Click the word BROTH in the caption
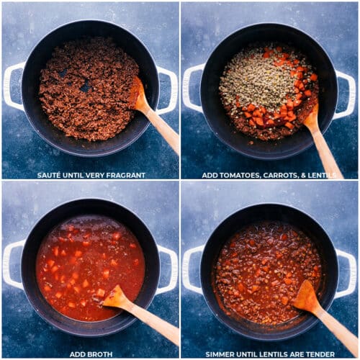click(102, 354)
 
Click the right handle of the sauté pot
click(168, 91)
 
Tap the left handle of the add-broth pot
click(13, 264)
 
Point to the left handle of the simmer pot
click(193, 269)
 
